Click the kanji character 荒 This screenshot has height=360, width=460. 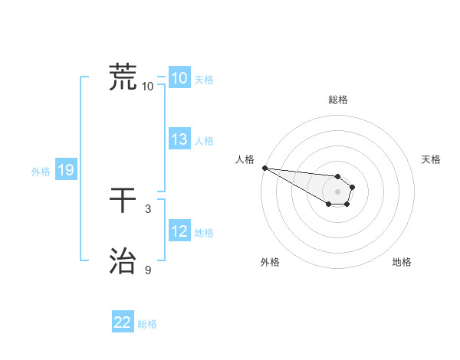point(123,77)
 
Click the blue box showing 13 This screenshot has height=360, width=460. point(179,139)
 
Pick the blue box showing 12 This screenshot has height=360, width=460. point(179,231)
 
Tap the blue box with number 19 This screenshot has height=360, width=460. point(66,171)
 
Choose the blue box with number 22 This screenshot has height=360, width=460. point(123,322)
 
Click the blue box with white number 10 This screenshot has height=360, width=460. point(179,78)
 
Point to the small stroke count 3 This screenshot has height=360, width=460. point(148,208)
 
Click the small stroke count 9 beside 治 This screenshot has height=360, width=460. point(148,270)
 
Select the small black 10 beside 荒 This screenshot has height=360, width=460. point(148,86)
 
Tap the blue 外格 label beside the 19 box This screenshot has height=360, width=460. point(41,172)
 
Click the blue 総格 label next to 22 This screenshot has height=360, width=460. point(147,324)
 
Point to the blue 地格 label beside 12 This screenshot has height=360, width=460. point(205,233)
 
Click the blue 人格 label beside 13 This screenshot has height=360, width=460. point(205,141)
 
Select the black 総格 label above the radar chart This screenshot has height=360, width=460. point(338,100)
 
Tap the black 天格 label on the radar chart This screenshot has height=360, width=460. point(432,159)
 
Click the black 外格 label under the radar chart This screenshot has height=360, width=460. point(270,262)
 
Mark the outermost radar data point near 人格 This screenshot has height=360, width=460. point(264,168)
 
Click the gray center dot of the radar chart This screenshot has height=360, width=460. point(338,191)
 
